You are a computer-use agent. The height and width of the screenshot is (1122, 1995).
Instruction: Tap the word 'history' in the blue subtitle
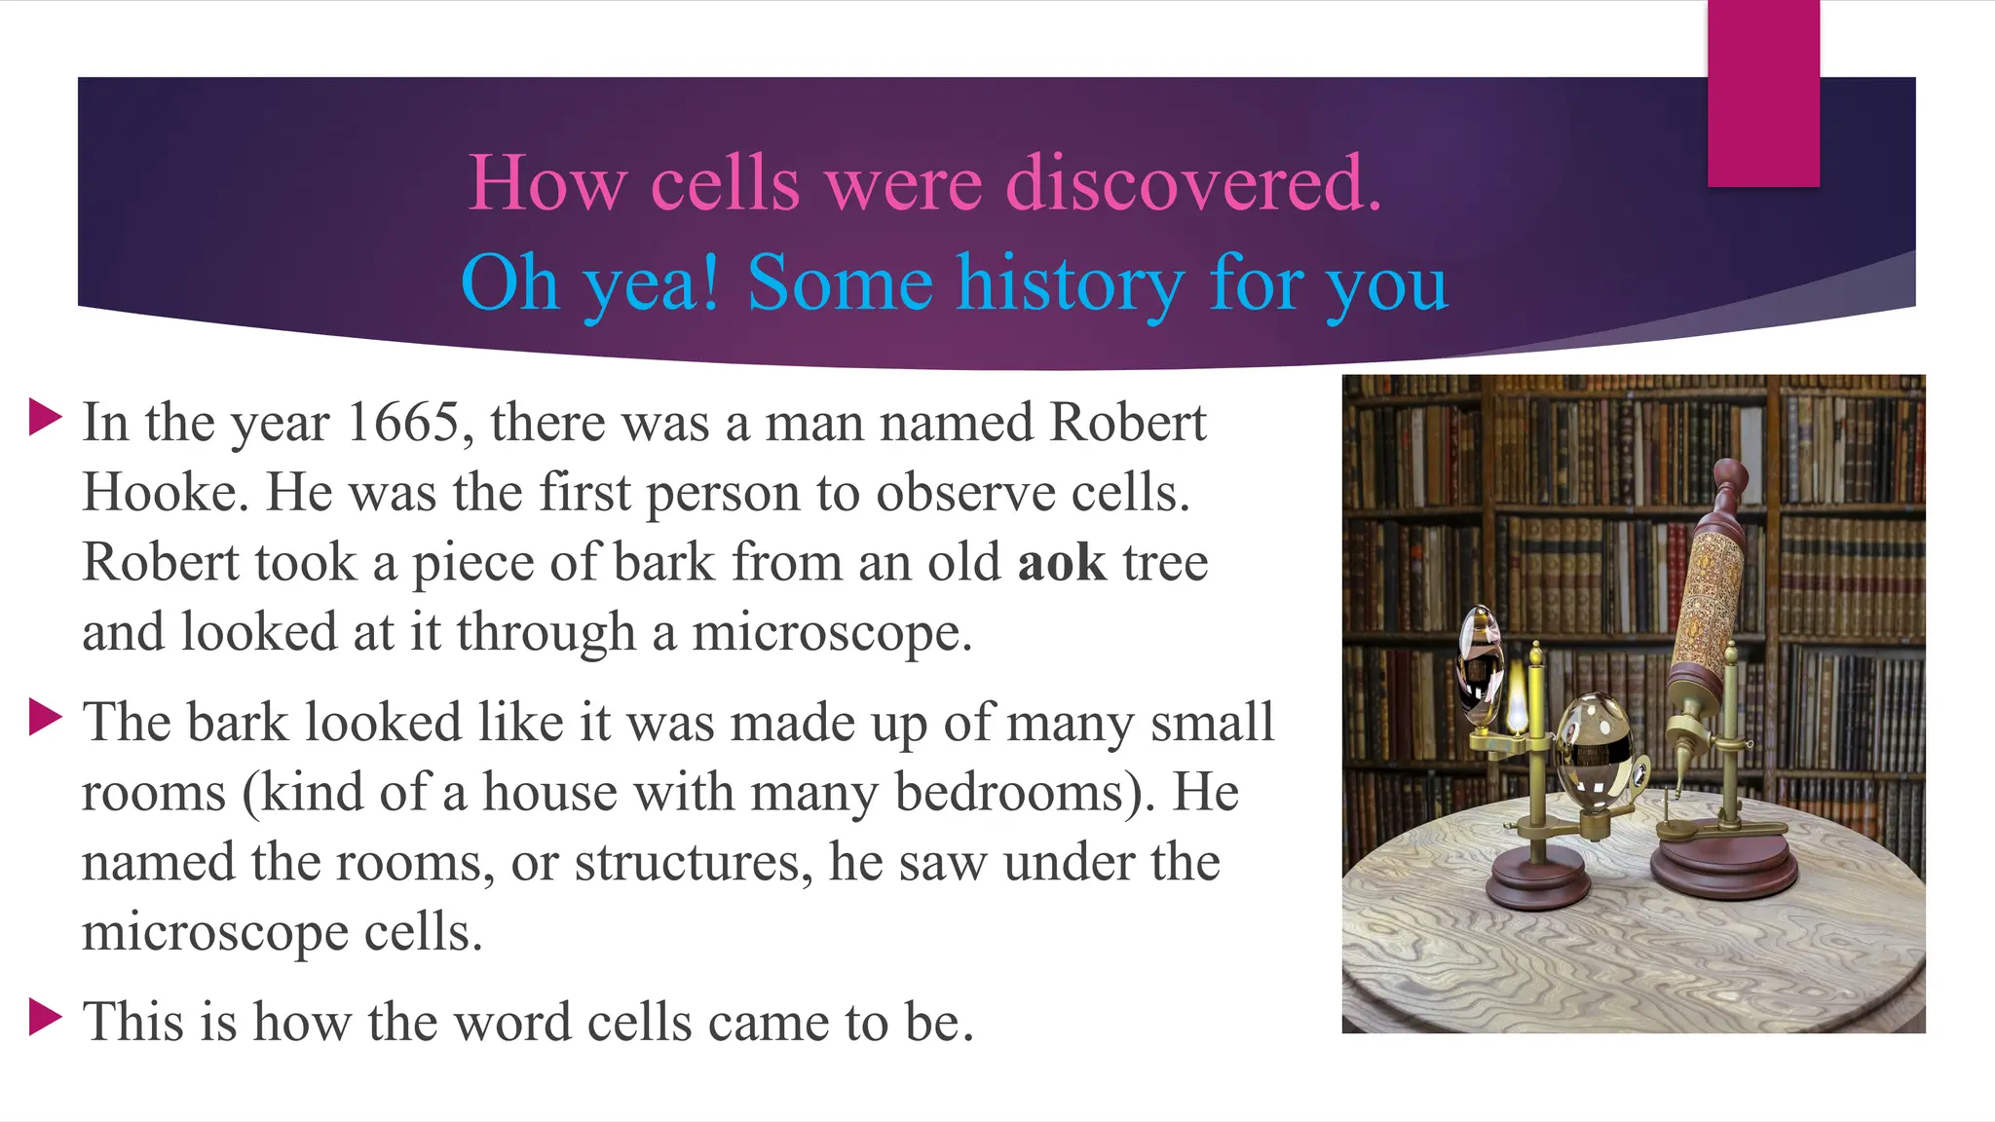1069,283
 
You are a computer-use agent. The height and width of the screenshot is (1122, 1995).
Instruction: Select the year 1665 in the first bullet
403,423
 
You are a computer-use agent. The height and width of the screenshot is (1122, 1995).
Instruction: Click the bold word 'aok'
1062,563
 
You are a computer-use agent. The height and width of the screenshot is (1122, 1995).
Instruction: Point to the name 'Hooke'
160,493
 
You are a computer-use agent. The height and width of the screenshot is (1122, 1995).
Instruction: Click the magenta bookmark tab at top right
1763,93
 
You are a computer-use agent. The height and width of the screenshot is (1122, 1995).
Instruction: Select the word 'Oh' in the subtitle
509,283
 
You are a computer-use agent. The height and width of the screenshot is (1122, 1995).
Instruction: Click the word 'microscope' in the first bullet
831,633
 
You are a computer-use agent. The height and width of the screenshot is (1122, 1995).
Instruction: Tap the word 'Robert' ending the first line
1127,423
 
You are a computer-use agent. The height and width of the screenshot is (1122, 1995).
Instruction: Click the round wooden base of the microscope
1726,862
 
